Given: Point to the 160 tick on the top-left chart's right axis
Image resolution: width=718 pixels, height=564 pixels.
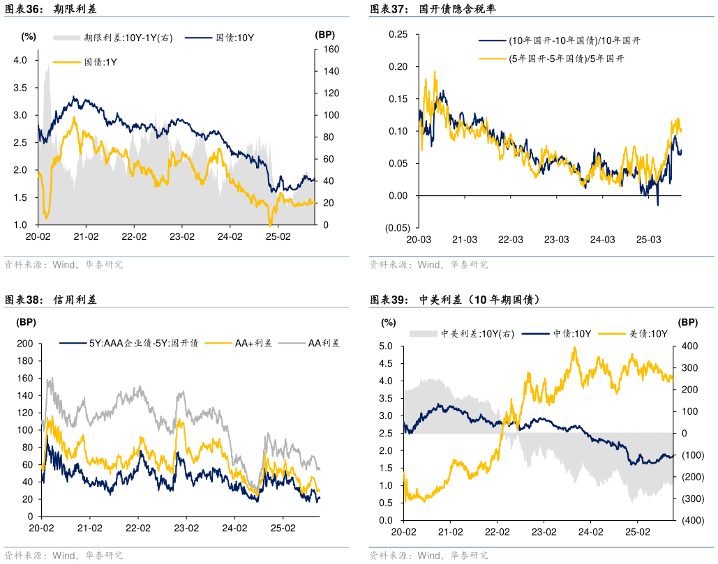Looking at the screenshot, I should (331, 49).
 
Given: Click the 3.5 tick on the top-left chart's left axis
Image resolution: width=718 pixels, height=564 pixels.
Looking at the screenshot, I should (20, 88).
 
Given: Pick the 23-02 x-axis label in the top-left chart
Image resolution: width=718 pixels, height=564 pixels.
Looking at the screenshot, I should (181, 236).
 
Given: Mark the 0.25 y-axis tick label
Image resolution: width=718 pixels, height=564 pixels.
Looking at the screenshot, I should (398, 34).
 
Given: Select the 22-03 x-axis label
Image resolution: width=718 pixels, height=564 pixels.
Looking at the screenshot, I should (510, 239).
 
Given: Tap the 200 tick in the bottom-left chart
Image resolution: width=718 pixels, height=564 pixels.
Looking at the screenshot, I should (26, 344).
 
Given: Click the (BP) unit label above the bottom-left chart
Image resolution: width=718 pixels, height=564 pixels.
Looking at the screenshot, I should (26, 322).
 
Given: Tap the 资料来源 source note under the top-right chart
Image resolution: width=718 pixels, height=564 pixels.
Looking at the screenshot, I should (428, 265).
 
